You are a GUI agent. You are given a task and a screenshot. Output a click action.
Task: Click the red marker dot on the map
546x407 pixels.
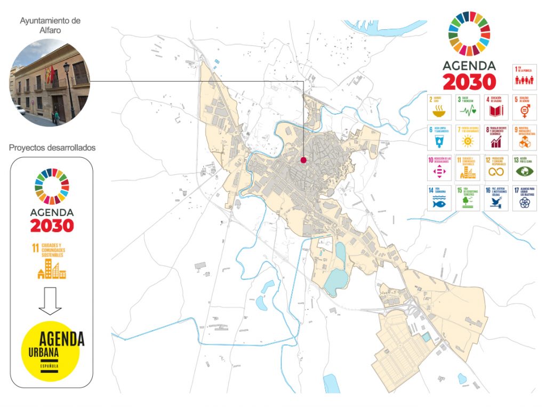[x=303, y=159]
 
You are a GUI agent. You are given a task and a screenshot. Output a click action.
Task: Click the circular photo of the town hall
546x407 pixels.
[x=50, y=83]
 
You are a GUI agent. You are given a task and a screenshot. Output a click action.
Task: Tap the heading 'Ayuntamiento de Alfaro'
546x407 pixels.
[x=50, y=26]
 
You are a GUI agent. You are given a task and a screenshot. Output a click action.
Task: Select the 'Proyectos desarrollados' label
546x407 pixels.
[x=52, y=147]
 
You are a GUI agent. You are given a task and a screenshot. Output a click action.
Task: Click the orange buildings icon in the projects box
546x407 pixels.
[x=52, y=269]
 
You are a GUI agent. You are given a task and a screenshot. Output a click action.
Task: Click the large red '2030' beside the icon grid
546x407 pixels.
[x=469, y=82]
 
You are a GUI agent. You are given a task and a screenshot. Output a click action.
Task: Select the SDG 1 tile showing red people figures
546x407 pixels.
[x=524, y=77]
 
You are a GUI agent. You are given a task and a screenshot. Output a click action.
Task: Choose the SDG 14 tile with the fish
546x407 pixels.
[x=441, y=198]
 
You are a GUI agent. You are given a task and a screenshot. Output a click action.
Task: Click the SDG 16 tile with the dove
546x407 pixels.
[x=496, y=198]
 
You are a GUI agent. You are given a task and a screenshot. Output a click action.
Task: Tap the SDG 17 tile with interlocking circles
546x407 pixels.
[x=524, y=198]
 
